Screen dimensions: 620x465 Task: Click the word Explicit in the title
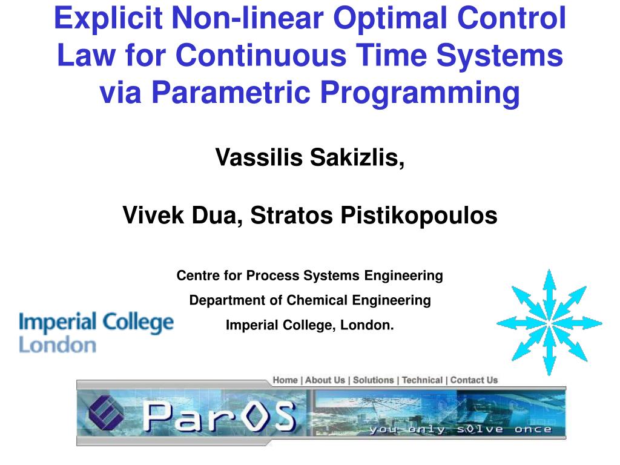click(108, 18)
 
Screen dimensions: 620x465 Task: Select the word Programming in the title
click(420, 93)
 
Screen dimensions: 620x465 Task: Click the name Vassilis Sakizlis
click(309, 157)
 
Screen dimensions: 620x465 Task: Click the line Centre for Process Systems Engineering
click(309, 275)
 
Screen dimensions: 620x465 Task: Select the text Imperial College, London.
click(309, 325)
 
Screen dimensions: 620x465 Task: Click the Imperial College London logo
click(96, 332)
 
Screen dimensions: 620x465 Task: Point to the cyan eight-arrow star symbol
click(549, 322)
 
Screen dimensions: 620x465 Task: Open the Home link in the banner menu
click(285, 380)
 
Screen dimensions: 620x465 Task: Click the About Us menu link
click(325, 380)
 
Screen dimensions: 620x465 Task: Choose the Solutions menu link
click(373, 380)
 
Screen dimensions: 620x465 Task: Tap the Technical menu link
click(422, 380)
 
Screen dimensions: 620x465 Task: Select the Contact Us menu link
click(473, 380)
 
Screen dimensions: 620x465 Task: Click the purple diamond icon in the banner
click(106, 412)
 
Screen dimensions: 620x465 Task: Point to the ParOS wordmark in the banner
click(219, 416)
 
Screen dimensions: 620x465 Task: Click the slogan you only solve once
click(460, 429)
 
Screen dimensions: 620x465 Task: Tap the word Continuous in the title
click(261, 55)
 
